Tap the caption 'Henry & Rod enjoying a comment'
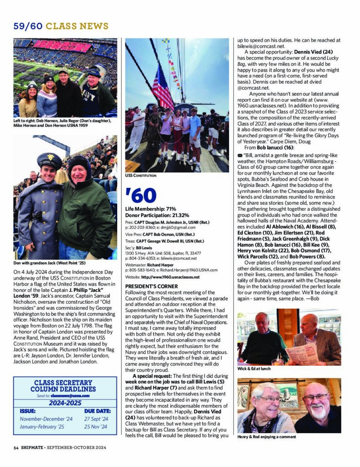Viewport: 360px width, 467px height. (x=267, y=437)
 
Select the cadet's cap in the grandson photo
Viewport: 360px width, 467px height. (x=49, y=160)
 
